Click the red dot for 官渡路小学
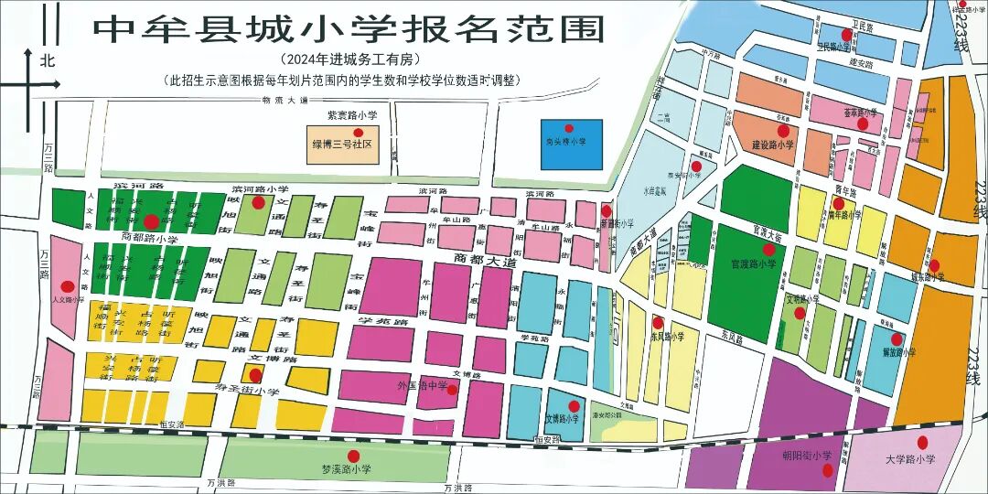(x=768, y=249)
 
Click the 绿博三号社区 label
(x=342, y=145)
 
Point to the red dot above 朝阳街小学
(x=827, y=471)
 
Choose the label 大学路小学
(x=910, y=459)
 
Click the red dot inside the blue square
(x=568, y=129)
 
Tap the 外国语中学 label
(x=422, y=386)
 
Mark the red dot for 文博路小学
(x=574, y=406)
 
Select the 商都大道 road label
(x=486, y=261)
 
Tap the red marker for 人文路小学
(x=67, y=285)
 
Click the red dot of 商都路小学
(x=150, y=220)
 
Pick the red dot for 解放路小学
(x=897, y=339)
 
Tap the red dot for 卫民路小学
(x=846, y=34)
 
